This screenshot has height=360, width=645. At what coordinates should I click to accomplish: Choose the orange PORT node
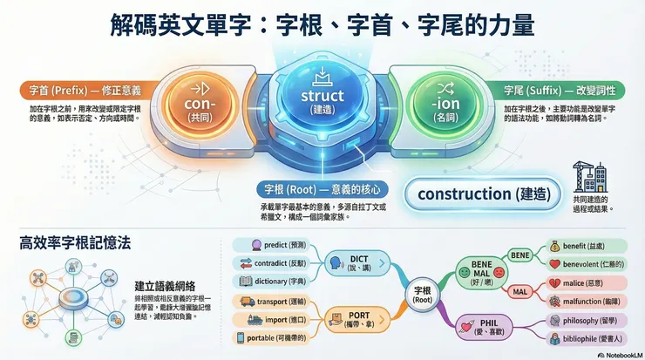[358, 317]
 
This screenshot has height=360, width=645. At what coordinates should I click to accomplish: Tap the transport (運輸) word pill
[277, 302]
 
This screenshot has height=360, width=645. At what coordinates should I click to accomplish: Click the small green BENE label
[520, 254]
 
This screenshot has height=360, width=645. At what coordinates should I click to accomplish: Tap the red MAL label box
[519, 290]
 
